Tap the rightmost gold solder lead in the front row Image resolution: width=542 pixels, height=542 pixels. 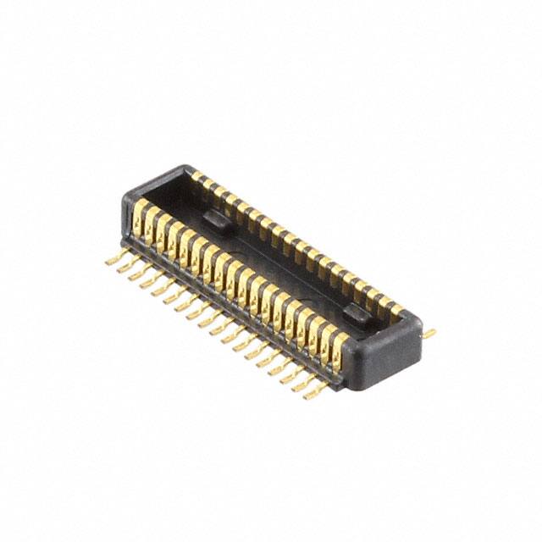click(318, 391)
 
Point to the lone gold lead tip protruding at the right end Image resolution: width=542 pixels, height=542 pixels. click(429, 334)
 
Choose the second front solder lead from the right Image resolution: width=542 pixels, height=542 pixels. click(306, 383)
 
